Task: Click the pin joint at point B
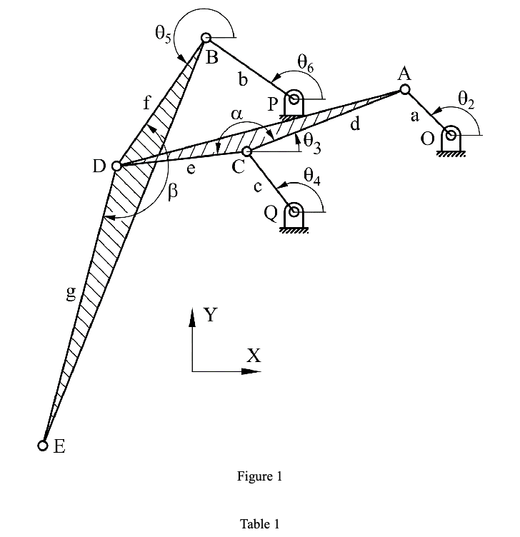(206, 38)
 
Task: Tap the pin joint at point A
(405, 89)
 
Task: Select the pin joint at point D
(117, 166)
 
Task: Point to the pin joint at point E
(44, 446)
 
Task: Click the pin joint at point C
(247, 151)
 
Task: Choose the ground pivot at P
(294, 100)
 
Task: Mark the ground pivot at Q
(293, 213)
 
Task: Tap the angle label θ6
(306, 64)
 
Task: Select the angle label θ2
(465, 100)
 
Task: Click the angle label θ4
(311, 175)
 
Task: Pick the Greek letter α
(237, 114)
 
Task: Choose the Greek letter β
(171, 191)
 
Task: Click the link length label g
(71, 293)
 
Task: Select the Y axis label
(210, 314)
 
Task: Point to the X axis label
(253, 355)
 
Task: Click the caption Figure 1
(259, 477)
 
